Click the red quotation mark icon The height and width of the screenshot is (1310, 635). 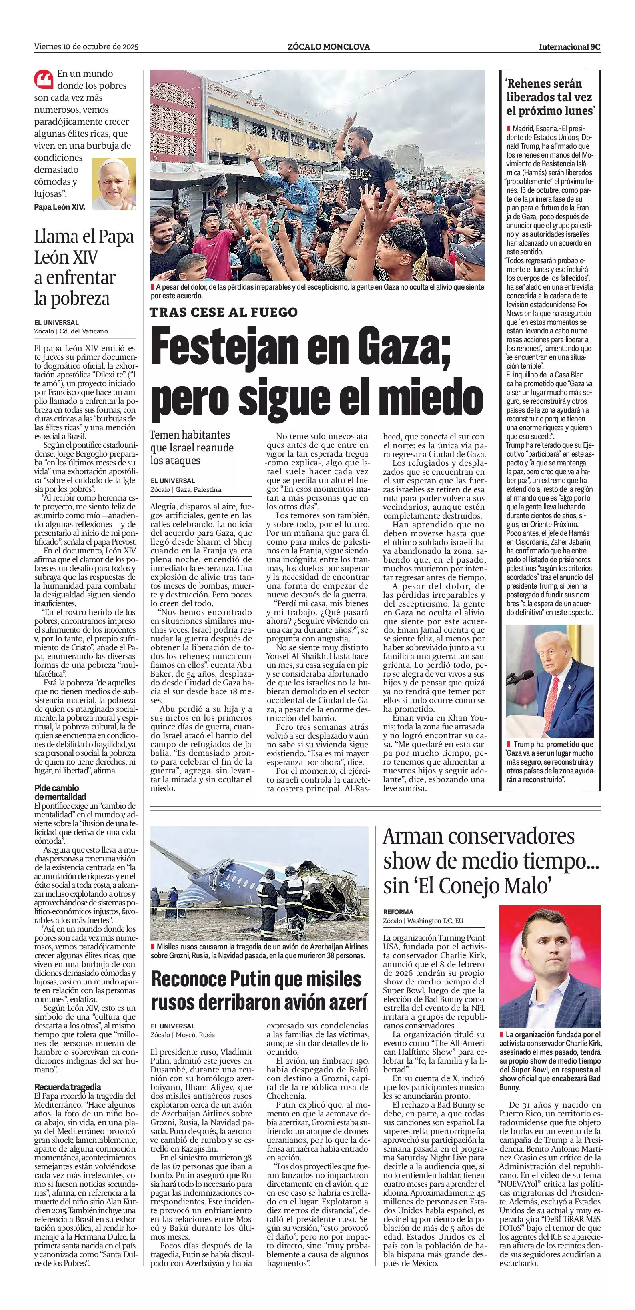pyautogui.click(x=44, y=79)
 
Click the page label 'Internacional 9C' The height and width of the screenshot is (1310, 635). pyautogui.click(x=569, y=47)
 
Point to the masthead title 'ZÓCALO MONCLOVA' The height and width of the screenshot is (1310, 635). pyautogui.click(x=329, y=47)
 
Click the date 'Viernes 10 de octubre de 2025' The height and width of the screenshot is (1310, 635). pyautogui.click(x=86, y=47)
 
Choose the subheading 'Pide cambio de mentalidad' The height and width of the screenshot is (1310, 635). pyautogui.click(x=60, y=792)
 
